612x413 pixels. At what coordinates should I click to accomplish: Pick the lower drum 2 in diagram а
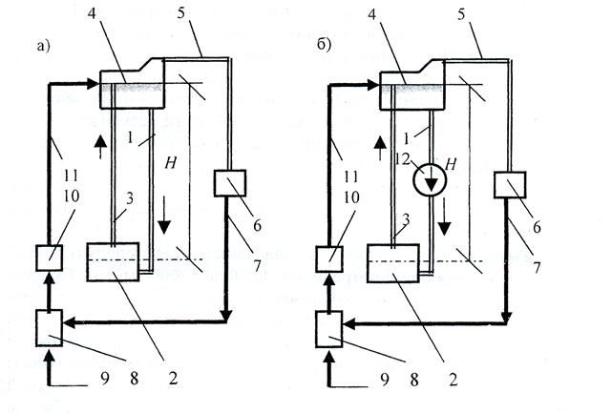pyautogui.click(x=114, y=261)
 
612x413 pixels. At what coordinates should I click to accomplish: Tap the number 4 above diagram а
pyautogui.click(x=118, y=15)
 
